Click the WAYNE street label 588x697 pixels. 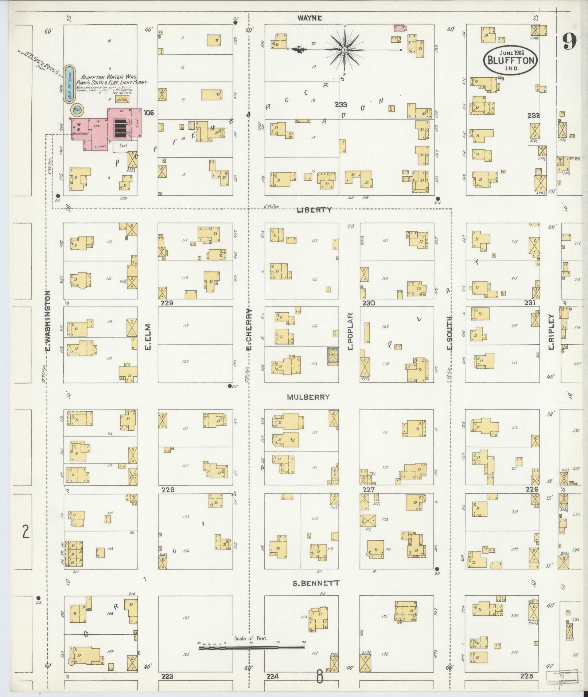click(x=309, y=18)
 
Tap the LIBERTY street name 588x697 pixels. click(x=314, y=210)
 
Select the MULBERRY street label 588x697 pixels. click(x=308, y=397)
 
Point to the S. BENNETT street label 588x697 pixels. click(x=316, y=583)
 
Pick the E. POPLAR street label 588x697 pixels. click(x=350, y=332)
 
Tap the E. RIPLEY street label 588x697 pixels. click(x=551, y=332)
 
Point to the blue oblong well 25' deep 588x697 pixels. click(x=70, y=84)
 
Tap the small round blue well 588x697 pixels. click(x=77, y=109)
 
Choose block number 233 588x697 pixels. click(x=341, y=105)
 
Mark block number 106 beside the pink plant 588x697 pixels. click(x=149, y=113)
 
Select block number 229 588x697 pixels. click(x=168, y=303)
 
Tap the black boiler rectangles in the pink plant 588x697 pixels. click(x=119, y=128)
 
